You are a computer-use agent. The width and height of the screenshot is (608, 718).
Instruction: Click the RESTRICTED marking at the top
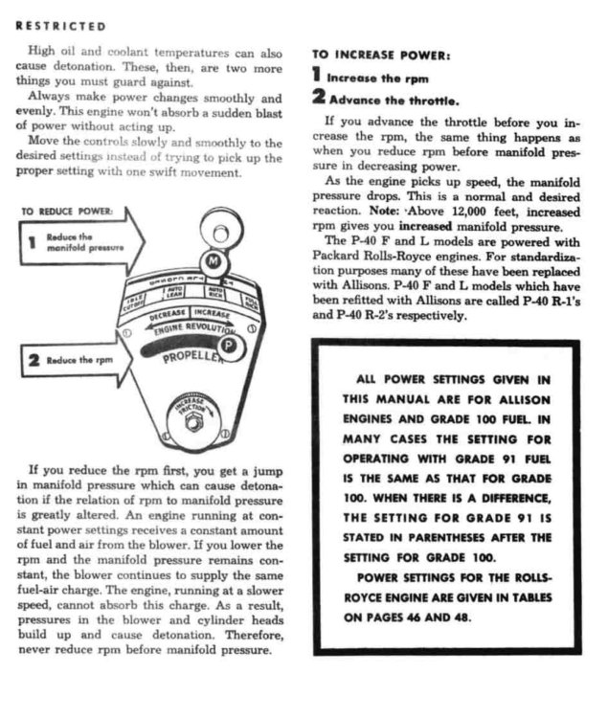click(x=60, y=25)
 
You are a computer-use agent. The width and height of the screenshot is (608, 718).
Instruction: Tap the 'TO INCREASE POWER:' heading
click(x=382, y=56)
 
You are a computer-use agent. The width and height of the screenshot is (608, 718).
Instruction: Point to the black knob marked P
click(x=228, y=346)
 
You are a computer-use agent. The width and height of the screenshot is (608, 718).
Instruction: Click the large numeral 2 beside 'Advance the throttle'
click(x=318, y=98)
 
